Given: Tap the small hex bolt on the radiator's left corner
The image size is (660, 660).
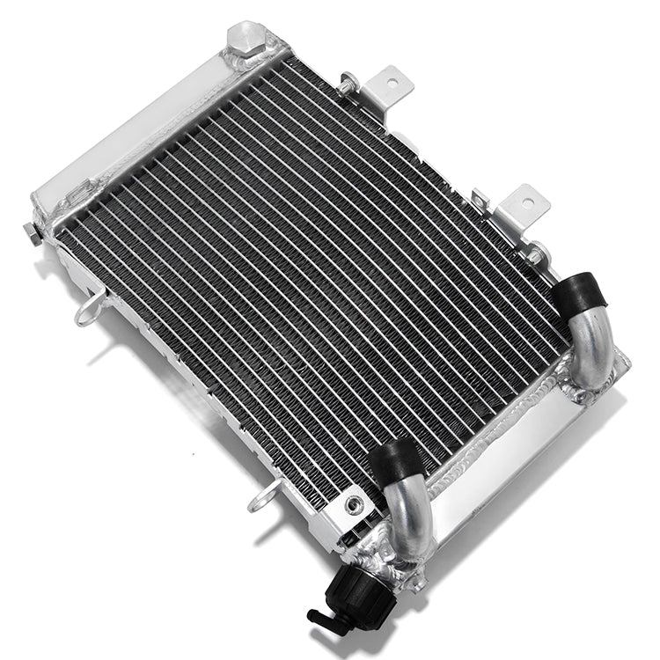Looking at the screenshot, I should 30,231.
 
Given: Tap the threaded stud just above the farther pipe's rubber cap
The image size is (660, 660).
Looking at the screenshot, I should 533,255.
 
